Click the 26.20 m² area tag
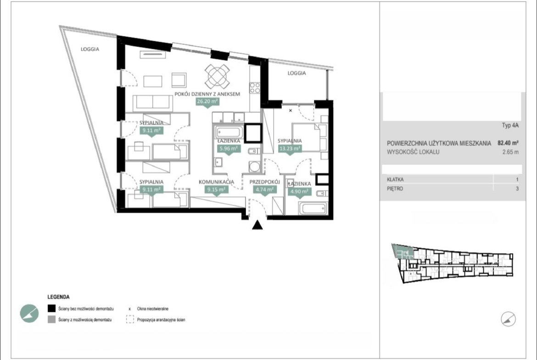[x=207, y=101]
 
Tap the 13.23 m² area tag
[x=290, y=149]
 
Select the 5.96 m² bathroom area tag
[x=229, y=149]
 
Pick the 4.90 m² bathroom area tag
[x=299, y=192]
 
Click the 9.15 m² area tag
[x=216, y=189]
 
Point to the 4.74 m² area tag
[x=264, y=189]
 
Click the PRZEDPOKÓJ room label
[x=265, y=182]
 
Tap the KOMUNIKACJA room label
[x=217, y=182]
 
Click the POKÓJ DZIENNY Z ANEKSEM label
[x=207, y=94]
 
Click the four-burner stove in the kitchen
[x=255, y=88]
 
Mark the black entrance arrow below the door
[x=257, y=225]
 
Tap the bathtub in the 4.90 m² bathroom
[x=313, y=208]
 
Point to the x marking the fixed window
[x=291, y=111]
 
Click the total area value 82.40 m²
[x=508, y=143]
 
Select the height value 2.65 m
[x=510, y=152]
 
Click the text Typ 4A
[x=510, y=125]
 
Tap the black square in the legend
[x=51, y=308]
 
